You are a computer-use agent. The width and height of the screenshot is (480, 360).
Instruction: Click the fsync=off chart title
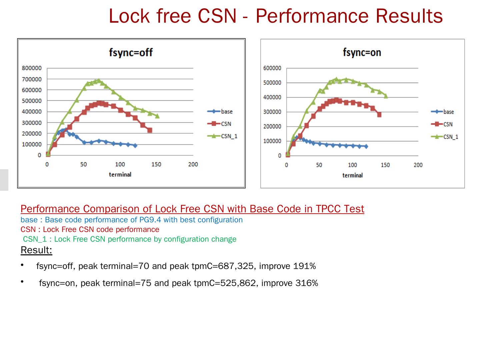tap(131, 52)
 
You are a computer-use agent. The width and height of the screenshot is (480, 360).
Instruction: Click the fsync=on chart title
tap(362, 52)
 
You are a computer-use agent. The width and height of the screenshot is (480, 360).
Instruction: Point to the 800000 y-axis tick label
tap(32, 68)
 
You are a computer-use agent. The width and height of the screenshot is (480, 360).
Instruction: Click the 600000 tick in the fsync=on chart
tap(272, 68)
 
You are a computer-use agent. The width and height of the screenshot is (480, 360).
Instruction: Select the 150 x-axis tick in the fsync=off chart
tap(156, 164)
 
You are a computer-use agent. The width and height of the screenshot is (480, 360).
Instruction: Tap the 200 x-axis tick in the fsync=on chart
tap(418, 165)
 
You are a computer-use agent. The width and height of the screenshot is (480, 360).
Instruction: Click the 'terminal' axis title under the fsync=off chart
tap(120, 175)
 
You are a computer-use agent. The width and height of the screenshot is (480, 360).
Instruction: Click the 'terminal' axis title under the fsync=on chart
tap(352, 175)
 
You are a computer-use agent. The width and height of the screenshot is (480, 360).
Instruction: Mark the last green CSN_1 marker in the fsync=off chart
tap(157, 116)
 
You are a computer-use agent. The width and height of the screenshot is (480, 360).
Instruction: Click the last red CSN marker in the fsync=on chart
tap(379, 115)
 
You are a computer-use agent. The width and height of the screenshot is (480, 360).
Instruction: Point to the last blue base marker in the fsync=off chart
tap(135, 146)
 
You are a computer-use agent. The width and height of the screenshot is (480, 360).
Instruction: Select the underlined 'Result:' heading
tap(36, 250)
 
